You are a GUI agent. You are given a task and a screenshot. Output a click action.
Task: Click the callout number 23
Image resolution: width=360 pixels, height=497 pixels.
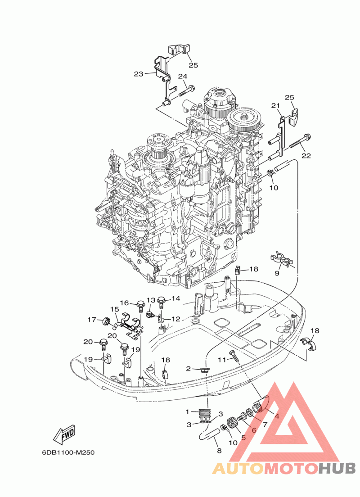(139, 74)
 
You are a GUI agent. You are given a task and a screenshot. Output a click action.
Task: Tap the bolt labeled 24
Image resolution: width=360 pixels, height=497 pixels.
(186, 90)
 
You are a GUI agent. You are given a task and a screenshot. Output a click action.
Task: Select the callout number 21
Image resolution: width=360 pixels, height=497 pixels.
(275, 105)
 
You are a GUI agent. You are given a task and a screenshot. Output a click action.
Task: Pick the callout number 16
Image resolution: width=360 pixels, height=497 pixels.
(125, 303)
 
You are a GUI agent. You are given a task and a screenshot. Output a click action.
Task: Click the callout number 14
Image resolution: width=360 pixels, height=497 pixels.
(175, 298)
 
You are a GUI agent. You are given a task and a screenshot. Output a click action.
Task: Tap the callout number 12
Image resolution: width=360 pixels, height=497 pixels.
(176, 319)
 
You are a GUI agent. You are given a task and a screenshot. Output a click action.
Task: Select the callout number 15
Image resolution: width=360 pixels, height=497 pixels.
(114, 309)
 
